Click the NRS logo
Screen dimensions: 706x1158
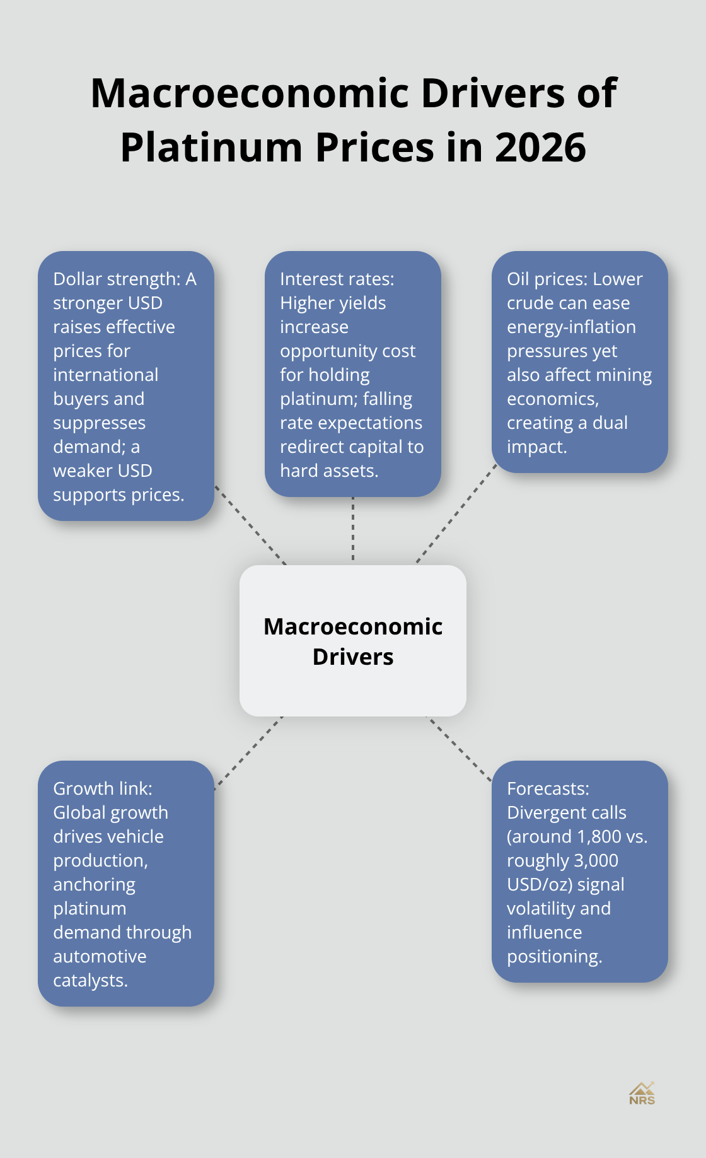pyautogui.click(x=642, y=1094)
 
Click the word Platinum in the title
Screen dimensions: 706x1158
pyautogui.click(x=212, y=148)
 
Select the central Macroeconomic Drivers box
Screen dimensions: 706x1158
pyautogui.click(x=353, y=641)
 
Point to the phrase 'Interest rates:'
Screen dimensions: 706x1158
pyautogui.click(x=337, y=279)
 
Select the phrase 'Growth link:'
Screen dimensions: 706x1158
pyautogui.click(x=103, y=788)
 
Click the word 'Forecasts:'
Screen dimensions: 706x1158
pyautogui.click(x=548, y=788)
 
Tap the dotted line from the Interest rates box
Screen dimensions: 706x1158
pyautogui.click(x=353, y=529)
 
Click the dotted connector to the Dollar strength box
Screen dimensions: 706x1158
pyautogui.click(x=251, y=525)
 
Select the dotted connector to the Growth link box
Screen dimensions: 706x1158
pyautogui.click(x=248, y=752)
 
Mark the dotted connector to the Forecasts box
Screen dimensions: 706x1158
pyautogui.click(x=460, y=749)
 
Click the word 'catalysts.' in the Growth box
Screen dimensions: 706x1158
pyautogui.click(x=91, y=981)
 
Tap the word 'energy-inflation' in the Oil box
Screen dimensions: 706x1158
pyautogui.click(x=572, y=327)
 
